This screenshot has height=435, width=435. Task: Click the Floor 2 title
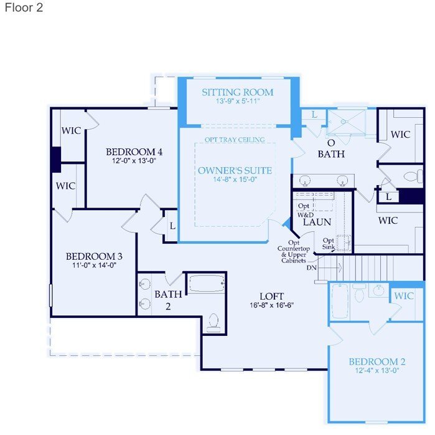tap(24, 7)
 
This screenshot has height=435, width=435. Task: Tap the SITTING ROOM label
tap(238, 92)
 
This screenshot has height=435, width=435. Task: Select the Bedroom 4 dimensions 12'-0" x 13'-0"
tap(134, 161)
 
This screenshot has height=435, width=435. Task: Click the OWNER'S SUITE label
tap(235, 170)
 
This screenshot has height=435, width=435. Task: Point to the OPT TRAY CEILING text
tap(235, 140)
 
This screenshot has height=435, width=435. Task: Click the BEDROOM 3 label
tap(94, 256)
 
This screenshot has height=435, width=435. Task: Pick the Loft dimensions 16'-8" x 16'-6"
tap(271, 305)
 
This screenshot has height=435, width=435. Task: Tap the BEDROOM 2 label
tap(377, 361)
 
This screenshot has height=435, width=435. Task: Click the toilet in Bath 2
tap(213, 323)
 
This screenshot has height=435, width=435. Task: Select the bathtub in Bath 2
tap(207, 284)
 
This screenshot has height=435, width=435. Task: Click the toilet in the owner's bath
tap(413, 176)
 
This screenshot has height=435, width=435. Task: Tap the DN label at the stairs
tap(312, 268)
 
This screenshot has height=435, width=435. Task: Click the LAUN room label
tap(317, 222)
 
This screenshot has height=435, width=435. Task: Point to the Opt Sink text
tap(329, 243)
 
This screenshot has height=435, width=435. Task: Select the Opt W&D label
tap(304, 210)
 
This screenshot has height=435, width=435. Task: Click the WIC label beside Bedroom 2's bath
tap(404, 296)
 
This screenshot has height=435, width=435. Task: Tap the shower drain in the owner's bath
tap(343, 122)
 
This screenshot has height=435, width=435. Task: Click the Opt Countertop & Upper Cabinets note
tap(294, 252)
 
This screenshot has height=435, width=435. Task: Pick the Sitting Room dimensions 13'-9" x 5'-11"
tap(238, 101)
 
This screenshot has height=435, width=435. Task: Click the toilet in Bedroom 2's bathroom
tap(359, 292)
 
